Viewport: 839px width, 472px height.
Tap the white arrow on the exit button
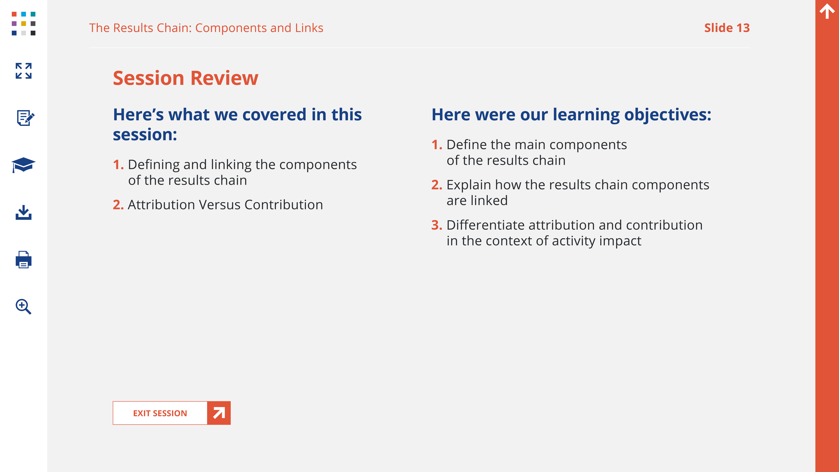tap(219, 413)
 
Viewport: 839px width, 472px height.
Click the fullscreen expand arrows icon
tap(23, 71)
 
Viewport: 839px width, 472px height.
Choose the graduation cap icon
tap(23, 165)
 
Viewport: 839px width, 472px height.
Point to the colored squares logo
tap(23, 23)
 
